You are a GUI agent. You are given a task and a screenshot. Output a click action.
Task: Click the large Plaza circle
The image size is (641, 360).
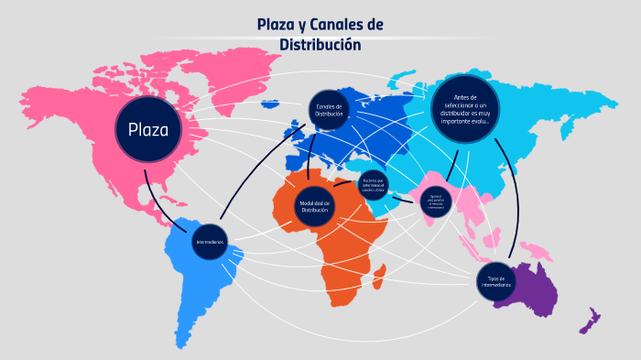(x=148, y=129)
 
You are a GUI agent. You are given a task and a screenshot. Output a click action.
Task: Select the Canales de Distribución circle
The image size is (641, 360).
(x=330, y=111)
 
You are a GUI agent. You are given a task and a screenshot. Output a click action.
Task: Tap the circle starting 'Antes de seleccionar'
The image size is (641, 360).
(x=464, y=109)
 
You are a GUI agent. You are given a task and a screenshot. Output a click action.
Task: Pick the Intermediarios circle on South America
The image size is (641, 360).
(x=210, y=242)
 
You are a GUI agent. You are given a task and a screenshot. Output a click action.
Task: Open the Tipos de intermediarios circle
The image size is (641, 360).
(x=496, y=281)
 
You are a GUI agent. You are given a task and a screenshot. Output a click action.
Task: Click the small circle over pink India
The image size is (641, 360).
(x=436, y=202)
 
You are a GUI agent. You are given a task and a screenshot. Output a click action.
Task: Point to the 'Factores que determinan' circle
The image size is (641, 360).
(x=373, y=184)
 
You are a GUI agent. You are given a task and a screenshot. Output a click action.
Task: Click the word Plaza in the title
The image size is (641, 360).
(x=278, y=25)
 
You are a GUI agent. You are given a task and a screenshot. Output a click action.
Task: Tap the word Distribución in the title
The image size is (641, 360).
(x=320, y=44)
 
